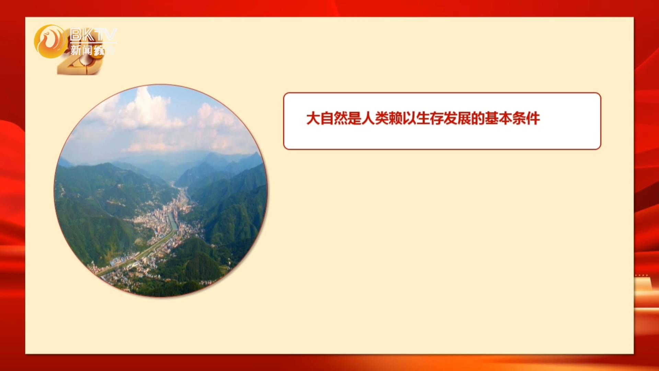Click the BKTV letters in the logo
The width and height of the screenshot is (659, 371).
point(93,35)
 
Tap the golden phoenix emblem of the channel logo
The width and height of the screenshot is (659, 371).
point(50,41)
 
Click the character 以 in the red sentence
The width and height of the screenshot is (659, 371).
point(409,119)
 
